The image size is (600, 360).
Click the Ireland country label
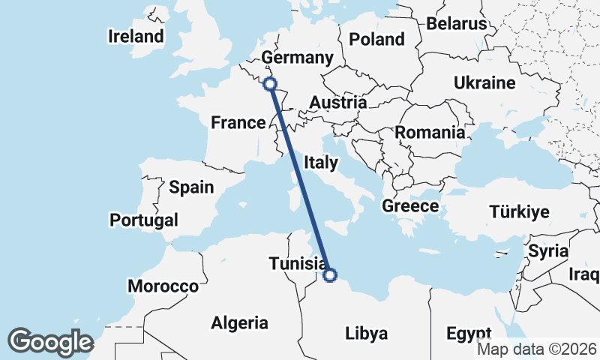coord(136,36)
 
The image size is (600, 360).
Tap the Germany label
coord(297,58)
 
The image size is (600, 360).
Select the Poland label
coord(377,39)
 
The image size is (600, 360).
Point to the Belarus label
coord(457,24)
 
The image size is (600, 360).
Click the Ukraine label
coord(484,82)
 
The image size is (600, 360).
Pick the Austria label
coord(338,103)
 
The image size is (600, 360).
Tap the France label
coord(238,122)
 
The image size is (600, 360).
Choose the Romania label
coord(430,133)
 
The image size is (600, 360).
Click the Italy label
coord(322,161)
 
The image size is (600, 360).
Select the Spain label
coord(191,187)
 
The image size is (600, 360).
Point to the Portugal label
coord(144,220)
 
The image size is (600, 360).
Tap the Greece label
coord(410,205)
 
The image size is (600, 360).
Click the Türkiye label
coord(519,211)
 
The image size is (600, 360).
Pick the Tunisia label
coord(297,264)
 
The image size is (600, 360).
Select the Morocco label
coord(163,286)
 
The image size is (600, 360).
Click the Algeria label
coord(239,323)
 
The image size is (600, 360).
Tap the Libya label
coord(366,332)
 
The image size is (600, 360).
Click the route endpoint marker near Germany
coord(270,85)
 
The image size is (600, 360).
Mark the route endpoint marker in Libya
coord(329,275)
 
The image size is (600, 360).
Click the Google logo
coord(50,341)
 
